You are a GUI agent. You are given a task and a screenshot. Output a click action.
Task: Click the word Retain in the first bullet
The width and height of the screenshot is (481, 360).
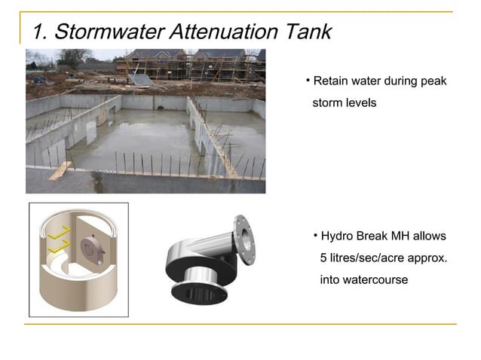point(330,81)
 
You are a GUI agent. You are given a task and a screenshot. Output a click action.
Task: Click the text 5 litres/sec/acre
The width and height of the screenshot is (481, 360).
point(359,258)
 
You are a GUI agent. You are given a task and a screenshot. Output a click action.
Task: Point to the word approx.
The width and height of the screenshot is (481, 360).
point(428,258)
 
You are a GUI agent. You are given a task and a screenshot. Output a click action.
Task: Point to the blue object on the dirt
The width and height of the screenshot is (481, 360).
point(39,79)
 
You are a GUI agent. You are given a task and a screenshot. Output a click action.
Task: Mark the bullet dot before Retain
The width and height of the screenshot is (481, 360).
point(308,81)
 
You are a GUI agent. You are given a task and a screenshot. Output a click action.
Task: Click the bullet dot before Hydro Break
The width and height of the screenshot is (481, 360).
point(316,236)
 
